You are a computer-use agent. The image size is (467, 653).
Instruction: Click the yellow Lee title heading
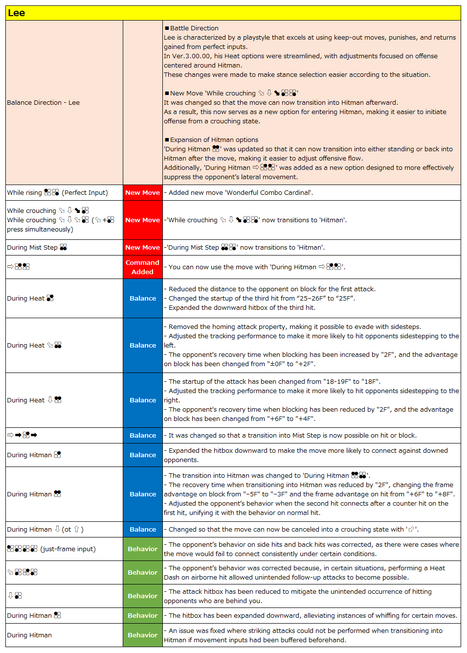click(x=17, y=13)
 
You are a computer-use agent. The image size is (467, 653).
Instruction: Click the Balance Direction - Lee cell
click(x=43, y=102)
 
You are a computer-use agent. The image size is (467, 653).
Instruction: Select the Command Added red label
click(x=142, y=267)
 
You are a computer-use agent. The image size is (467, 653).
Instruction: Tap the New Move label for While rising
click(x=142, y=192)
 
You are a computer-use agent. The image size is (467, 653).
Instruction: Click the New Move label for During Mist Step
click(x=142, y=247)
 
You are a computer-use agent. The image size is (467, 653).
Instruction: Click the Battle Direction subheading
click(x=194, y=28)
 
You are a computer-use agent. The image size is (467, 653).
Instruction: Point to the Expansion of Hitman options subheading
click(x=214, y=140)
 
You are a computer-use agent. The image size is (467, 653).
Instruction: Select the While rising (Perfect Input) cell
click(x=57, y=192)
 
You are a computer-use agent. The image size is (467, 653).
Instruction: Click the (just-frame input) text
click(x=68, y=549)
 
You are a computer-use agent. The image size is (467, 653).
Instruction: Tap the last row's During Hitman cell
click(x=29, y=635)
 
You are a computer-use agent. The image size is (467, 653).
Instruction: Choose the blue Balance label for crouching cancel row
click(x=142, y=529)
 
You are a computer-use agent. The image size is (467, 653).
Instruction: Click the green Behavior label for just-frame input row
click(x=142, y=549)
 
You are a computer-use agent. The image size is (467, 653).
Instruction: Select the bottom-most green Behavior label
click(x=142, y=635)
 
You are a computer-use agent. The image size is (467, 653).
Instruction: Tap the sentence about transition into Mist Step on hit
click(x=292, y=435)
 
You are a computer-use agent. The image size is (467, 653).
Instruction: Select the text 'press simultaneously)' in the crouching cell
click(x=40, y=229)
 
